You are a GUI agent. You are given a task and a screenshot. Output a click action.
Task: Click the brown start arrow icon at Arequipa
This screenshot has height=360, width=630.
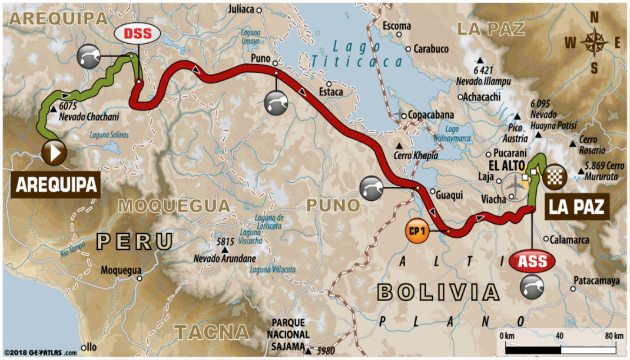[54, 153]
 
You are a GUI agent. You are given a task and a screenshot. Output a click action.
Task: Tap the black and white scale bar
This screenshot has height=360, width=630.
[560, 349]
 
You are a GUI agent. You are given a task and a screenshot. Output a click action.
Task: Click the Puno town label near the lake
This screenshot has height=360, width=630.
[261, 58]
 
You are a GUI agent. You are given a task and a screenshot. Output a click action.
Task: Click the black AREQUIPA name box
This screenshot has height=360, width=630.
[56, 184]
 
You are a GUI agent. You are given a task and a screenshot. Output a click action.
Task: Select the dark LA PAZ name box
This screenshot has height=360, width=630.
[576, 207]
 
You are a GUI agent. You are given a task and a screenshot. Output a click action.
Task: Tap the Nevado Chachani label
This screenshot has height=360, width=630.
[89, 117]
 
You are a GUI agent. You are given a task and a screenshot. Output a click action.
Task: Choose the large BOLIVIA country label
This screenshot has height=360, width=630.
[439, 292]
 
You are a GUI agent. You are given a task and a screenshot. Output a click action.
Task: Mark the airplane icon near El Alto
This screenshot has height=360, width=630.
[514, 185]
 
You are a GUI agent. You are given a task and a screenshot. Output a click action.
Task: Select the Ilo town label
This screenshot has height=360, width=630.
[91, 347]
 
